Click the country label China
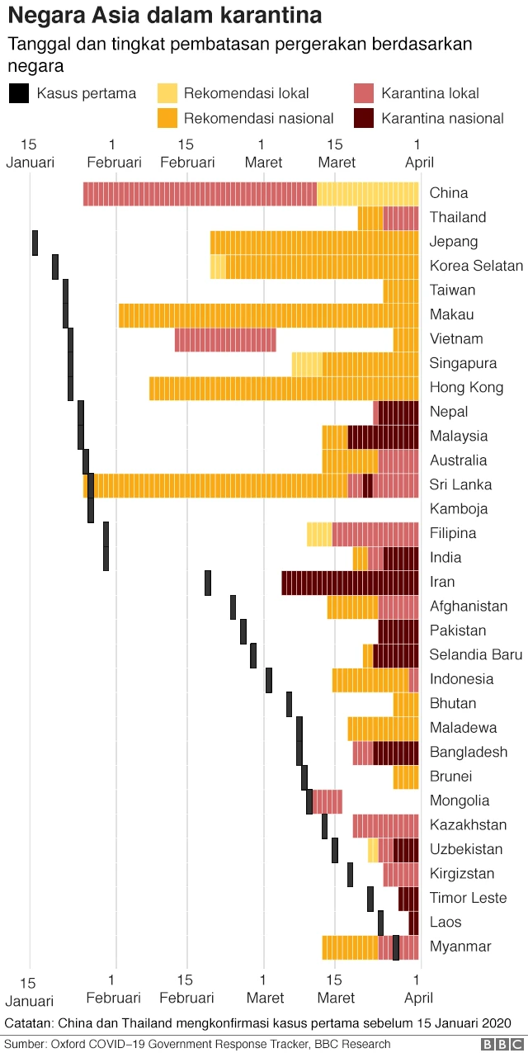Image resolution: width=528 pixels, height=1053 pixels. pyautogui.click(x=449, y=193)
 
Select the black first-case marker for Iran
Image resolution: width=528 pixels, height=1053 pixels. pyautogui.click(x=208, y=582)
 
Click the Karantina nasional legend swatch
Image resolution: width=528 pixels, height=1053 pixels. pyautogui.click(x=363, y=118)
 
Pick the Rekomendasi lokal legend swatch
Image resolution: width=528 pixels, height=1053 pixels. pyautogui.click(x=167, y=92)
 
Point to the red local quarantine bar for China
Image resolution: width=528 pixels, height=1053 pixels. pyautogui.click(x=200, y=194)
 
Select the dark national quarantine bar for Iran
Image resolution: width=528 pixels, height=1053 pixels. pyautogui.click(x=350, y=582)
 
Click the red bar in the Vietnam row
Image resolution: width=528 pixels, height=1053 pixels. pyautogui.click(x=225, y=339)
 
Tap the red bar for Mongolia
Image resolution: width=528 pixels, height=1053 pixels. pyautogui.click(x=328, y=800)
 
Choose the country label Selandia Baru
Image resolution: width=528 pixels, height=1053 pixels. pyautogui.click(x=476, y=654)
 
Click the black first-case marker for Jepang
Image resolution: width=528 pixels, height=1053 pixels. pyautogui.click(x=35, y=243)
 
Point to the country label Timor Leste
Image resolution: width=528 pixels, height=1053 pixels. pyautogui.click(x=469, y=898)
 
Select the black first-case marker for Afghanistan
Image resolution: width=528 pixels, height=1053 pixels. pyautogui.click(x=233, y=607)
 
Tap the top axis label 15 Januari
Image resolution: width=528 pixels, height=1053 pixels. pyautogui.click(x=30, y=153)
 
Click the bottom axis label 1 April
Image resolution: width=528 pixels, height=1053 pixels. pyautogui.click(x=417, y=989)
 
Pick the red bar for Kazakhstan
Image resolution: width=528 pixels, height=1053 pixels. pyautogui.click(x=385, y=825)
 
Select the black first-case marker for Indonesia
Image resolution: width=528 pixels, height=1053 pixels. pyautogui.click(x=269, y=679)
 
